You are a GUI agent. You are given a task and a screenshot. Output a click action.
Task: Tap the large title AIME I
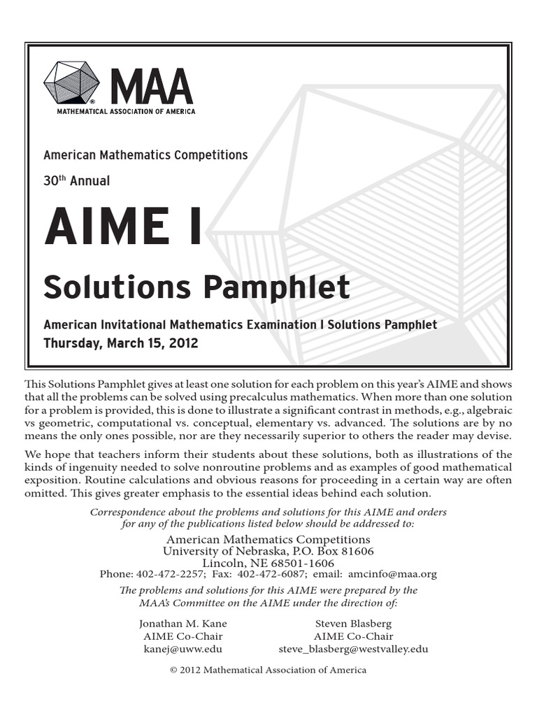click(123, 227)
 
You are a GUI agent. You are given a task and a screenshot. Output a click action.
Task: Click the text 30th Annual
click(76, 180)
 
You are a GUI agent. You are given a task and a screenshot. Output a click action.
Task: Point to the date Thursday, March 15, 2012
click(120, 343)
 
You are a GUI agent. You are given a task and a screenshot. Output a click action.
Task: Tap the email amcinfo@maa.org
click(392, 574)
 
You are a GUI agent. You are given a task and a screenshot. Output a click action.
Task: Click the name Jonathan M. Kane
click(183, 623)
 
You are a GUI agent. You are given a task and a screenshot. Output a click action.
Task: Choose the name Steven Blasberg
click(353, 623)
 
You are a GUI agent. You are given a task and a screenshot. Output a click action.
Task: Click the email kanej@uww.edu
click(182, 649)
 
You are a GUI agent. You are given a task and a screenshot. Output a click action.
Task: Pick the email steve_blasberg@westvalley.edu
click(353, 649)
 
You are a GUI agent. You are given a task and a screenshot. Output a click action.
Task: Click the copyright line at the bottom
click(268, 670)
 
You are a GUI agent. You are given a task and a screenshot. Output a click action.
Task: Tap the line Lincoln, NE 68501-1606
click(268, 563)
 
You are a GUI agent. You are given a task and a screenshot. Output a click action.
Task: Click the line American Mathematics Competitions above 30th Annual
click(145, 155)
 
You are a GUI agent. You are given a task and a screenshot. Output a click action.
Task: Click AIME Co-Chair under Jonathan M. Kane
click(183, 636)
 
